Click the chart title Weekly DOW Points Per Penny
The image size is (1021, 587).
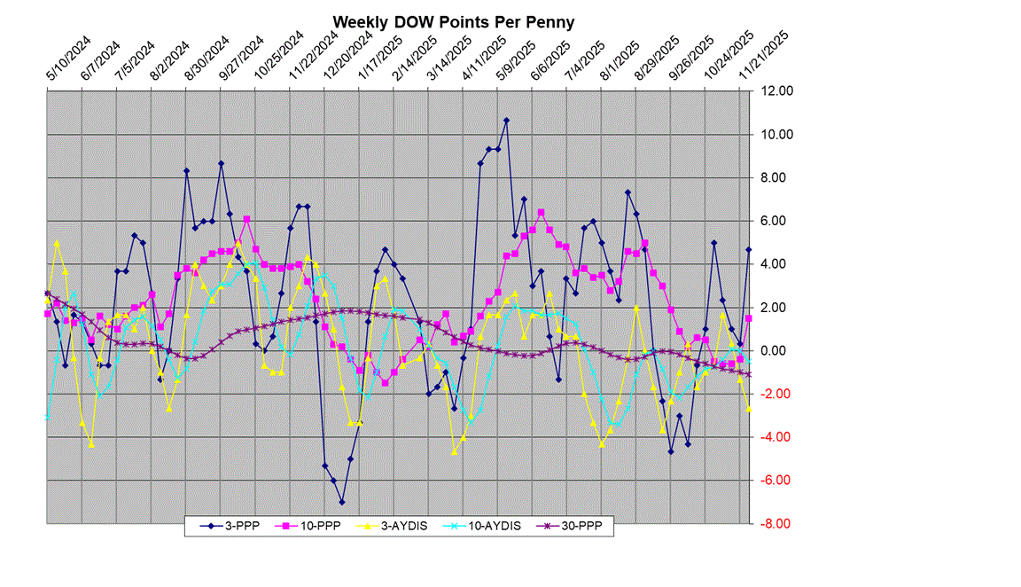(x=453, y=22)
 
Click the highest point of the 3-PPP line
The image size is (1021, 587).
(x=506, y=120)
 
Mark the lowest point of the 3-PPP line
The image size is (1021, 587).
(x=341, y=502)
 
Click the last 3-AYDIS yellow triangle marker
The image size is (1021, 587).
(x=748, y=409)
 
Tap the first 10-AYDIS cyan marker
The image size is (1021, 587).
(x=47, y=416)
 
